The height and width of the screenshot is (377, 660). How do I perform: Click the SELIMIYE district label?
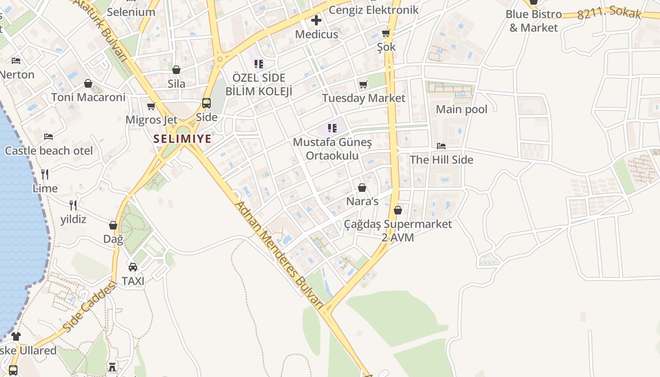(x=182, y=139)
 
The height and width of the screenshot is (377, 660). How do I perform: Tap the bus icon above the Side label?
(x=206, y=103)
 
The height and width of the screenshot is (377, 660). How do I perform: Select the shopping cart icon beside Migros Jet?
(x=151, y=107)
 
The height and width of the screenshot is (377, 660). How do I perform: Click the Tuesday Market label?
(x=363, y=98)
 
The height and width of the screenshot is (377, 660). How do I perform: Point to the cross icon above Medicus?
(x=316, y=20)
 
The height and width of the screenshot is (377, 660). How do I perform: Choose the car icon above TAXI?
(x=133, y=267)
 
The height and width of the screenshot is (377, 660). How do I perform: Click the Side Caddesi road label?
(x=89, y=307)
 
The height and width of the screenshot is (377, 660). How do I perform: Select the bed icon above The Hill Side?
(x=441, y=146)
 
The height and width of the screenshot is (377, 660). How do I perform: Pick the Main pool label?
(x=462, y=109)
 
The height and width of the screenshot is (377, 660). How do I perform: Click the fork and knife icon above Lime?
(x=45, y=174)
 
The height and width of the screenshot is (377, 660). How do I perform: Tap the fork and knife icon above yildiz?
(x=73, y=205)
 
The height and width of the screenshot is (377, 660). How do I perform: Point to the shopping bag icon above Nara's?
(x=362, y=188)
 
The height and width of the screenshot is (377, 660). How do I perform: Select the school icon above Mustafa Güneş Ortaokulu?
(x=332, y=128)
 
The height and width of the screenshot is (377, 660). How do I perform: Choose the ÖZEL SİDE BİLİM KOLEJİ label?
(x=259, y=84)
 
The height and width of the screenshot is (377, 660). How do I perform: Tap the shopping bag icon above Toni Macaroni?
(x=88, y=84)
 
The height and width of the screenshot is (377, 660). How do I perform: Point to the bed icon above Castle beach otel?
(x=49, y=137)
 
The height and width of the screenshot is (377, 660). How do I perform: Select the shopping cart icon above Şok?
(x=386, y=33)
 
